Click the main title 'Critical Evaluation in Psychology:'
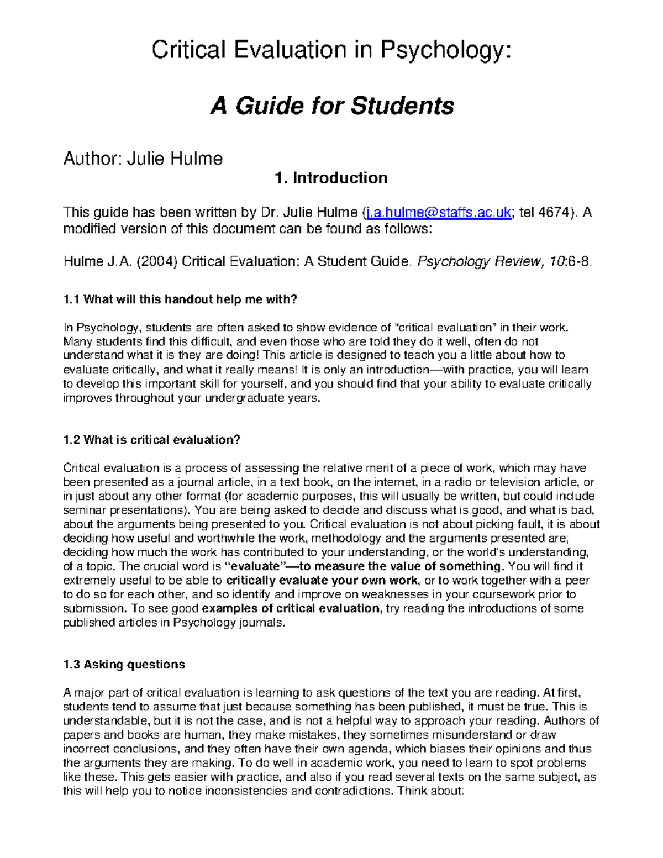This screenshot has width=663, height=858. point(331,51)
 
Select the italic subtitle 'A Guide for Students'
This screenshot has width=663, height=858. point(331,106)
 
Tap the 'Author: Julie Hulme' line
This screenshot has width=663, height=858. point(143,159)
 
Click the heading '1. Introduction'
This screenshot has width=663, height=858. point(331,178)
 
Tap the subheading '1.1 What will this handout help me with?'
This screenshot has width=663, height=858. point(180,300)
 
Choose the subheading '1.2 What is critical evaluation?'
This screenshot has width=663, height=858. point(152,440)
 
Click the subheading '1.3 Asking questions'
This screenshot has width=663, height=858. point(124,665)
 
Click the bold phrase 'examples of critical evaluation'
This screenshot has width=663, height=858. point(291,609)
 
